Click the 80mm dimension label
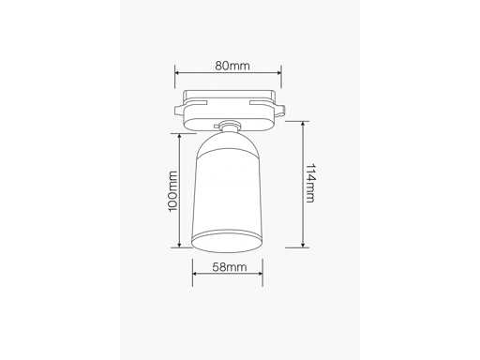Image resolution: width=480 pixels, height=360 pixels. tap(232, 66)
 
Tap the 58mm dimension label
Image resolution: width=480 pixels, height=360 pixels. tap(230, 267)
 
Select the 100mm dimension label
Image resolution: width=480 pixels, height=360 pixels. tap(172, 191)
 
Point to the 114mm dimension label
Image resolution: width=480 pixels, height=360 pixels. tap(310, 183)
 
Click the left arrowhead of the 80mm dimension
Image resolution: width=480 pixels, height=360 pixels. tap(177, 73)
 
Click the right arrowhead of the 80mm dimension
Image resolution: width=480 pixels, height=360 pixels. tap(279, 73)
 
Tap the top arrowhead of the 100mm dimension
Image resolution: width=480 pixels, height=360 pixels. tap(179, 136)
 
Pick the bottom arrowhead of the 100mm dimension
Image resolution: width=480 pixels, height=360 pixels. tap(179, 246)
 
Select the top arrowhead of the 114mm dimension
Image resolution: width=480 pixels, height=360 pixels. tap(303, 124)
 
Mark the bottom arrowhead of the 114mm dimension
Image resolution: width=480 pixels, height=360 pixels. tap(303, 245)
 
